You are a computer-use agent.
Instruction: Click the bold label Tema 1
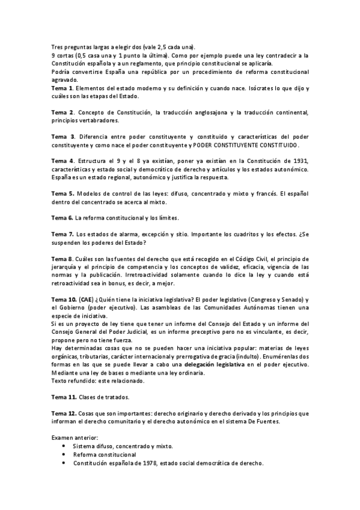coord(62,88)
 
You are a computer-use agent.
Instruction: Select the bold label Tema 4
coord(63,162)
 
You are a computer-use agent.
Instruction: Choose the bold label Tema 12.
coord(64,413)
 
